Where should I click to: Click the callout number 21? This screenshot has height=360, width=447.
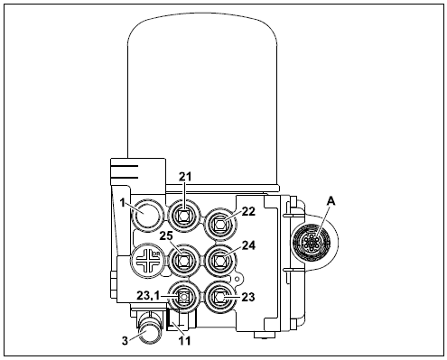[x=185, y=177]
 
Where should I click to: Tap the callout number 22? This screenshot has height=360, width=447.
[x=248, y=211]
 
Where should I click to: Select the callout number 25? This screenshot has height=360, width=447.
[x=166, y=235]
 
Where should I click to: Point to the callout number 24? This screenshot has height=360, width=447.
[x=248, y=245]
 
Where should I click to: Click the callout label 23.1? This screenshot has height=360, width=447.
[x=148, y=296]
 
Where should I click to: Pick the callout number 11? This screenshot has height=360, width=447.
[x=184, y=341]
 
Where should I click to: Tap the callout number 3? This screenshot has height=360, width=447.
[x=125, y=341]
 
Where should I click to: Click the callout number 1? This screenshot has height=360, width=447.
[x=122, y=203]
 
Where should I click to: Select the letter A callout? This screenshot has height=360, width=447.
[x=331, y=201]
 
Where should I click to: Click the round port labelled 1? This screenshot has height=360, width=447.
[x=147, y=215]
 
